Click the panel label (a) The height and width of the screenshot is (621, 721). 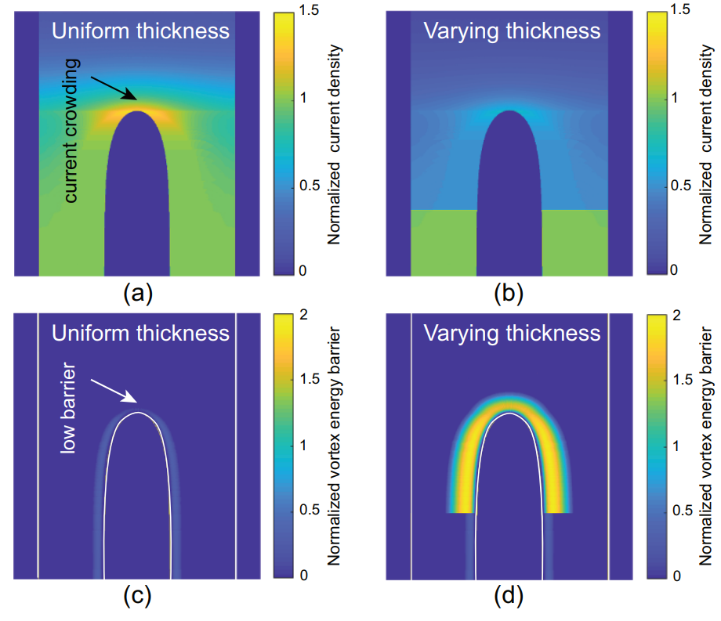pos(138,293)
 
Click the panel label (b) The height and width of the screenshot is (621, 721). pos(509,293)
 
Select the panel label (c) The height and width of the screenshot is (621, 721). pos(137,596)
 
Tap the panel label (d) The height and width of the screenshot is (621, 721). pos(509,596)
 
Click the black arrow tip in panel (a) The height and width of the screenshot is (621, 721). pos(136,99)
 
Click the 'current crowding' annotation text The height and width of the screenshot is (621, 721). pos(71,131)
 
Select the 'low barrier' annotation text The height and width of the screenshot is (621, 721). pos(68,408)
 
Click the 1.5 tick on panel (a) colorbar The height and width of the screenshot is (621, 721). pos(309,10)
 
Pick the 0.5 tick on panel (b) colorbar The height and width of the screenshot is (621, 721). pos(680,186)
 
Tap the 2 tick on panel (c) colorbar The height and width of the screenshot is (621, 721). pos(303,315)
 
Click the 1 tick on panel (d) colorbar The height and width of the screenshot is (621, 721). pos(676,446)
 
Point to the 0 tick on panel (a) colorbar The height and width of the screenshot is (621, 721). pos(303,270)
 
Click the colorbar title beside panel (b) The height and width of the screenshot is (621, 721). pos(706,145)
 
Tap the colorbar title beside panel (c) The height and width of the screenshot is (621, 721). pos(335,446)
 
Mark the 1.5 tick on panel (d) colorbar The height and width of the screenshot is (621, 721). pos(682,379)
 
